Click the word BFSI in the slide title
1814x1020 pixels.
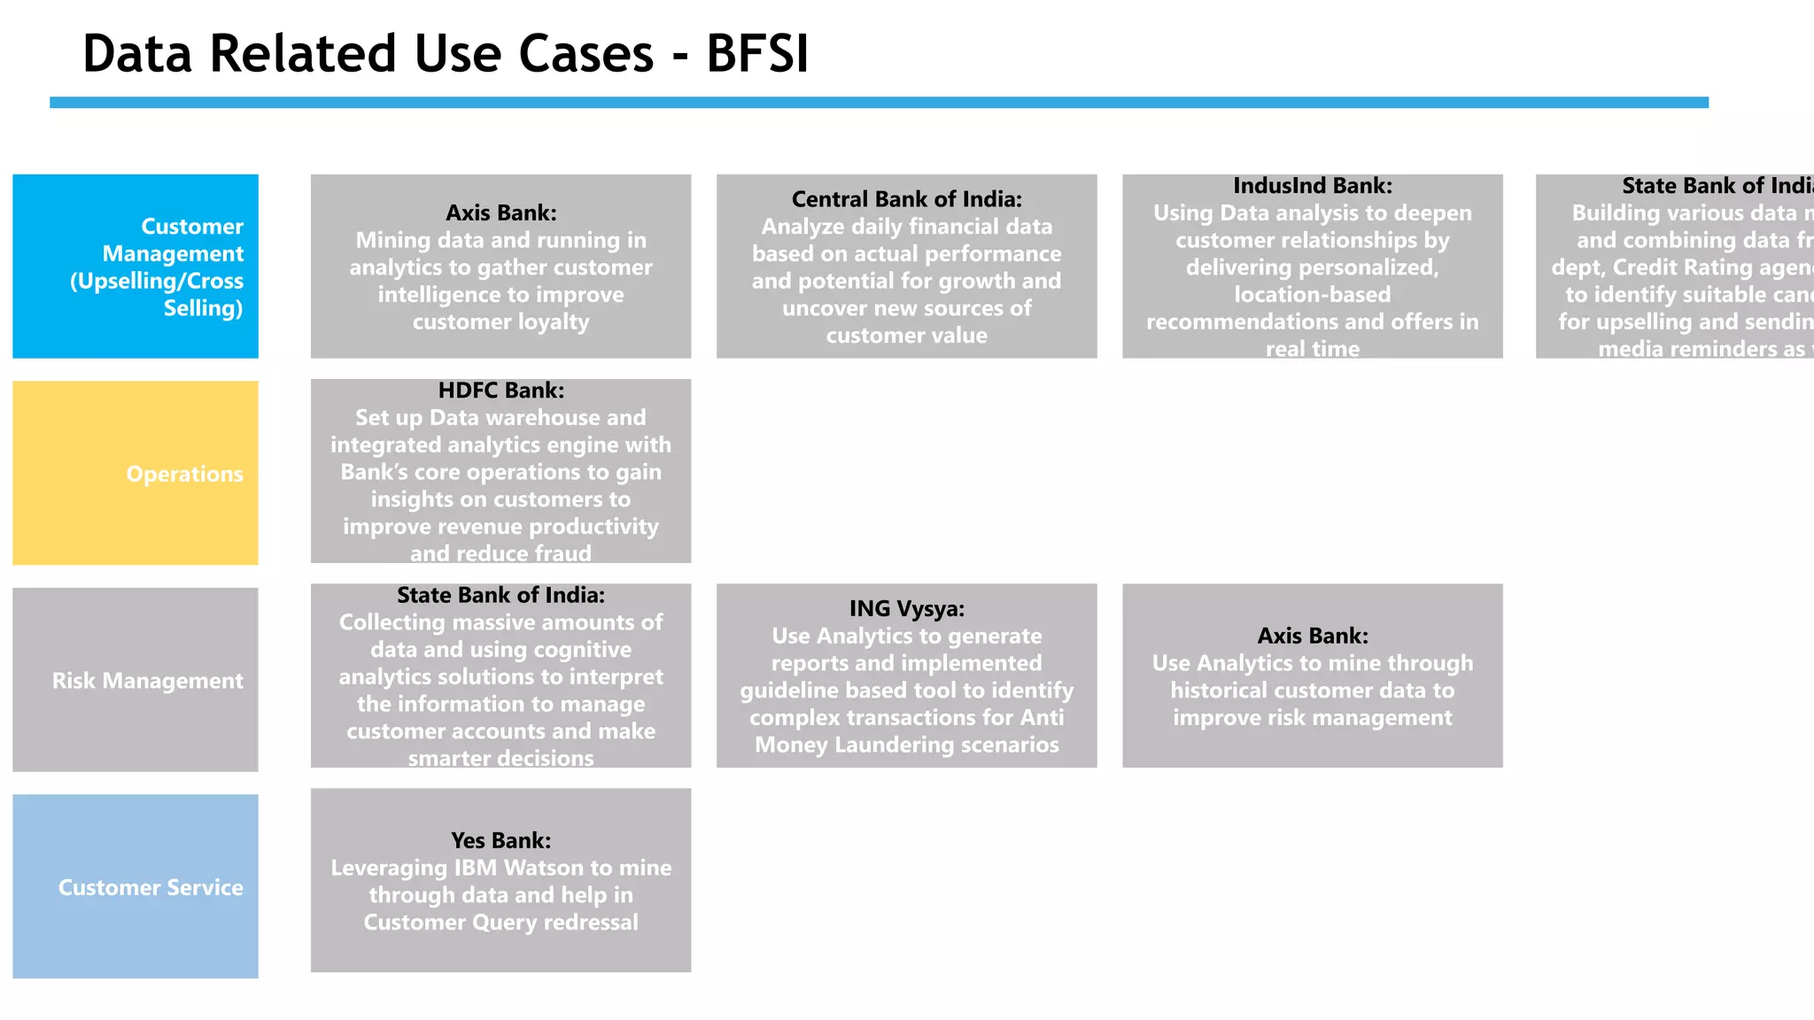click(757, 54)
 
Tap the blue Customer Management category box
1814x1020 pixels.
click(136, 266)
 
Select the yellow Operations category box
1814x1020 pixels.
click(136, 473)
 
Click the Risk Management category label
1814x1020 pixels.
click(147, 680)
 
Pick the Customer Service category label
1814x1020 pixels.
click(151, 887)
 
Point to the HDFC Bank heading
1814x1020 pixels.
click(500, 390)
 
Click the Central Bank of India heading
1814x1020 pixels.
click(906, 199)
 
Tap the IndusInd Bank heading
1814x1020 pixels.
click(1312, 186)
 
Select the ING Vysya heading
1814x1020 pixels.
click(906, 608)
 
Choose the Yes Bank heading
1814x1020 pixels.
click(500, 840)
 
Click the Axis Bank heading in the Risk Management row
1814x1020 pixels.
click(1312, 636)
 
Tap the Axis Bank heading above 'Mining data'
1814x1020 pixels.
click(500, 212)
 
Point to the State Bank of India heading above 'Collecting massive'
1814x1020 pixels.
click(500, 595)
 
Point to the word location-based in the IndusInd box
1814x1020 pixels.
click(1312, 294)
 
